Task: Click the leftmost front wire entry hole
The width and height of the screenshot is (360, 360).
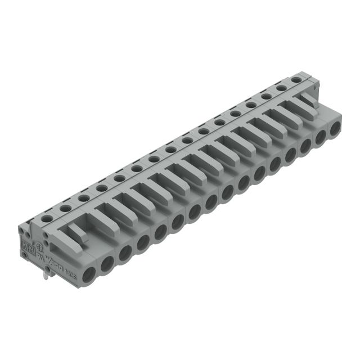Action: click(89, 275)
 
